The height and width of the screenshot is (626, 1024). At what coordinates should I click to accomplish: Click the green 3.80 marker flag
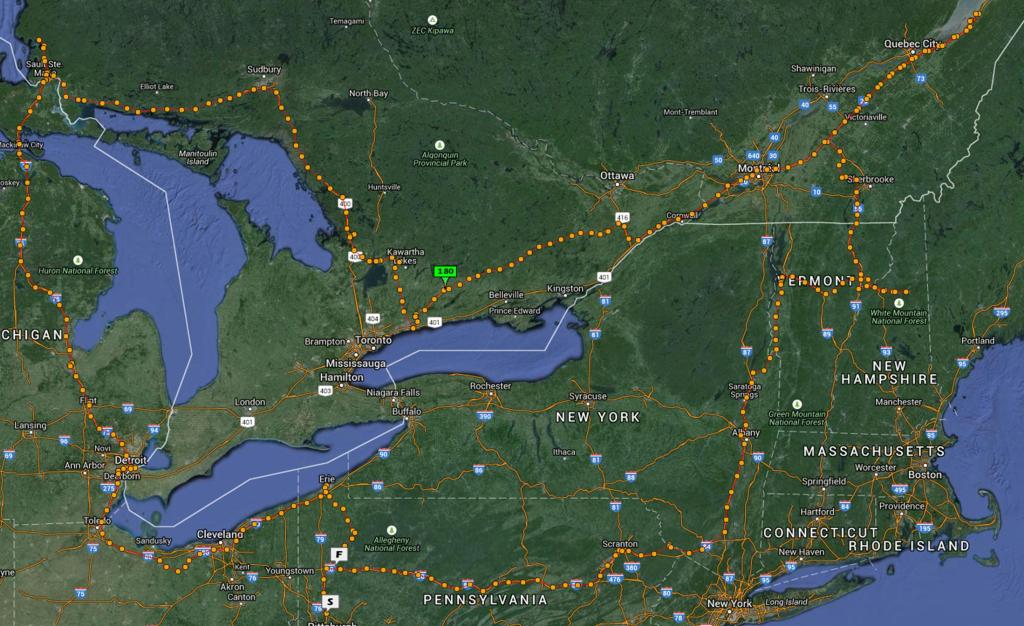tap(445, 271)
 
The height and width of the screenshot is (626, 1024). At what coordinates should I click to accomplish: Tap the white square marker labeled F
tap(340, 553)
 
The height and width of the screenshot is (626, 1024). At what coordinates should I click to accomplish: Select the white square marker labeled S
tap(329, 601)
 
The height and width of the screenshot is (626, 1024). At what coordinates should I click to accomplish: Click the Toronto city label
tap(374, 341)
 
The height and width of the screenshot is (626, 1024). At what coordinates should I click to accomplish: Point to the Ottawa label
tap(617, 176)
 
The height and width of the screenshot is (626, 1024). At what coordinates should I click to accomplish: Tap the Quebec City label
tap(912, 44)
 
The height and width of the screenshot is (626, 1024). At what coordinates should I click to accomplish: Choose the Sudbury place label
tap(263, 70)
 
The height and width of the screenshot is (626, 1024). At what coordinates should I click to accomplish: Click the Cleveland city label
tap(220, 534)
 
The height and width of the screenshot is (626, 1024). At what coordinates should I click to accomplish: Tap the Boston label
tap(925, 474)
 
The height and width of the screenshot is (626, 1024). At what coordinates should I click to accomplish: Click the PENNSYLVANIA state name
tap(485, 600)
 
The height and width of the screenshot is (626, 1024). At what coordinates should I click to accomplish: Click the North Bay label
tap(368, 93)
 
